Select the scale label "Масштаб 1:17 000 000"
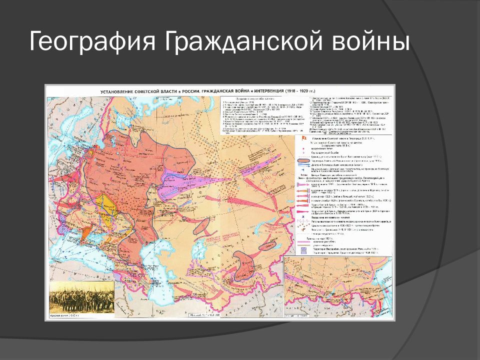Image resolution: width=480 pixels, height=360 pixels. pyautogui.click(x=206, y=316)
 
